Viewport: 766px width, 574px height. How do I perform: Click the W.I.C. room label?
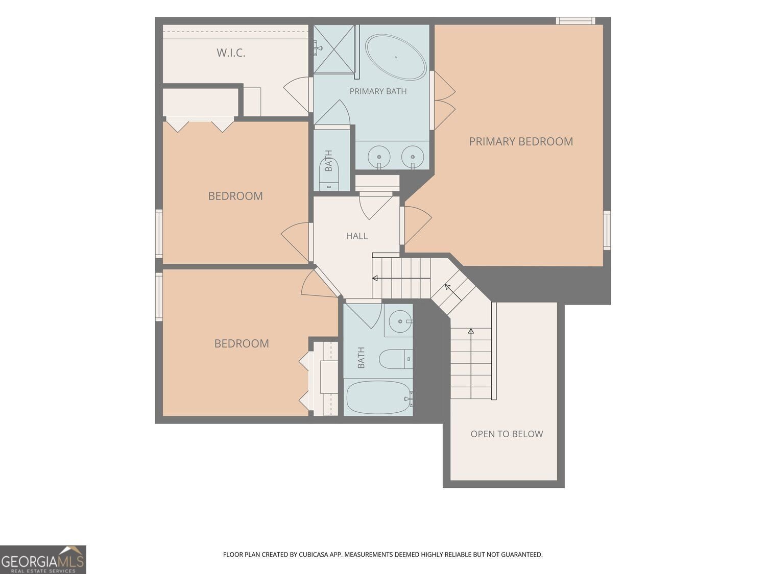tap(231, 53)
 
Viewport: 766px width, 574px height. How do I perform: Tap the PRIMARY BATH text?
tap(378, 91)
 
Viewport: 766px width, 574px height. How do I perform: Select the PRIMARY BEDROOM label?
tap(521, 141)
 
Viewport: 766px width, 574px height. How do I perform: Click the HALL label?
tap(356, 236)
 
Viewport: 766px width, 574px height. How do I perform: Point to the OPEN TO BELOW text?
tap(507, 434)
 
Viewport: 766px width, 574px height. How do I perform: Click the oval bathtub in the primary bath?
tap(396, 57)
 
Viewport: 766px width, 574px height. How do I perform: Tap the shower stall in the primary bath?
tap(334, 49)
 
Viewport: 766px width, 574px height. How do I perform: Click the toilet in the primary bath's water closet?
tap(329, 174)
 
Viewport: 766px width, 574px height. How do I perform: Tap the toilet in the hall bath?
tap(396, 359)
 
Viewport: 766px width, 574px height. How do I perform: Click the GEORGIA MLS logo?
tap(43, 560)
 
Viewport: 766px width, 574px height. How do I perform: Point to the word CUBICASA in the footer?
tap(313, 555)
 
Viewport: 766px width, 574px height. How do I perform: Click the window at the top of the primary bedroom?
tap(576, 21)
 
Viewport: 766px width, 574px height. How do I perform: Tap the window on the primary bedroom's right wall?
tap(607, 230)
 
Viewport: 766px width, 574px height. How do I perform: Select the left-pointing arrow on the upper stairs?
tap(401, 278)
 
